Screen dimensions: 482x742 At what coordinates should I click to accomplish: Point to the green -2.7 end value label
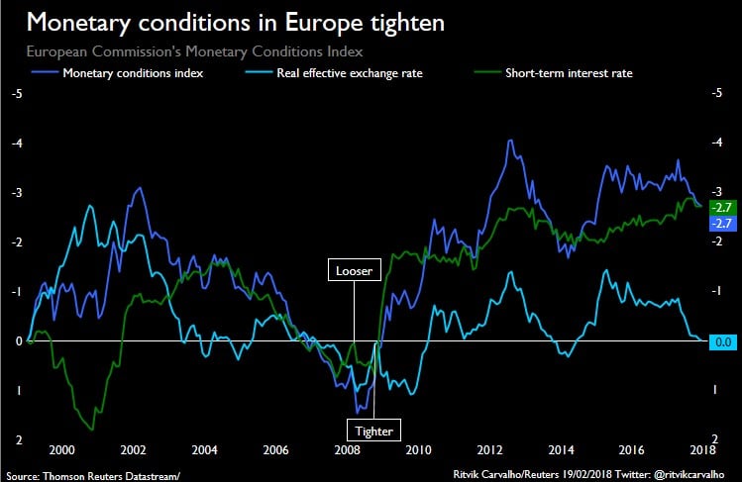(721, 207)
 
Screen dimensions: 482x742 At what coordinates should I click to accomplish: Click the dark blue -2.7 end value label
(721, 224)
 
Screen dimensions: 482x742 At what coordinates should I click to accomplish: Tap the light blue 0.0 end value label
(721, 340)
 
